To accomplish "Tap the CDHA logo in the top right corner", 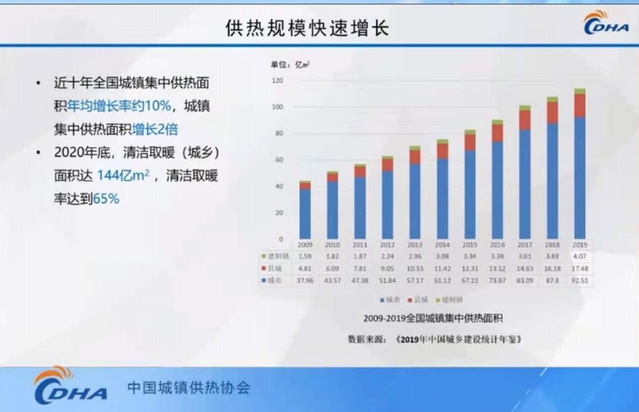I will (606, 23).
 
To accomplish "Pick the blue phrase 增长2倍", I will (155, 129).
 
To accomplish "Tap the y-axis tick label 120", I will (277, 80).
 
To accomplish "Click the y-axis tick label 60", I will (278, 160).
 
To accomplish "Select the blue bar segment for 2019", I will (580, 177).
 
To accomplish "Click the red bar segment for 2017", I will (525, 120).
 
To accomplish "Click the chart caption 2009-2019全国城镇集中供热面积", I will (433, 318).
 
